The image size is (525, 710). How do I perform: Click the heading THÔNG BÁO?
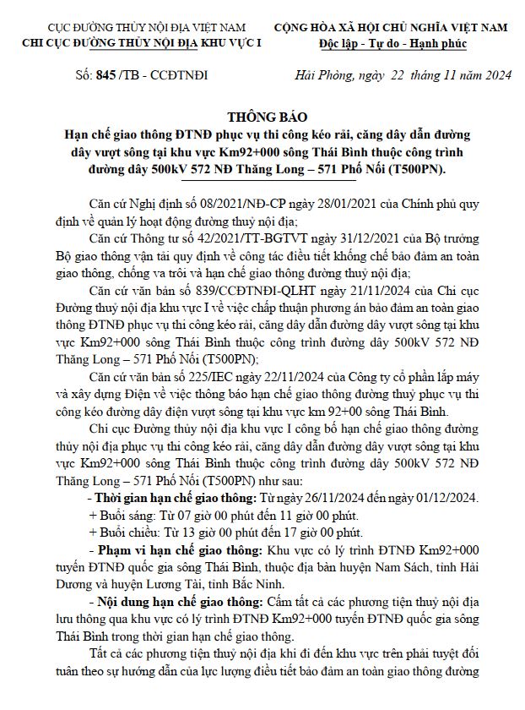pyautogui.click(x=262, y=117)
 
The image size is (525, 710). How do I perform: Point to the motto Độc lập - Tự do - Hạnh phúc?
pyautogui.click(x=392, y=43)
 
